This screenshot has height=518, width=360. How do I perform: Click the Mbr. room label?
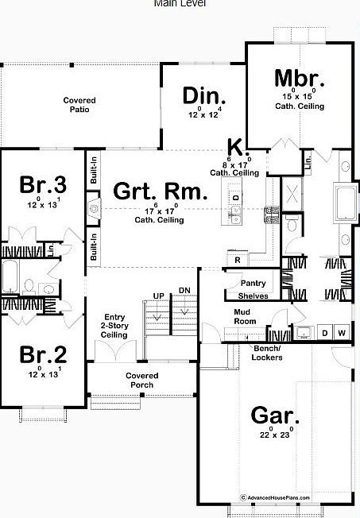300,79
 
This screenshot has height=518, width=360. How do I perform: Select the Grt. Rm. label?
160,191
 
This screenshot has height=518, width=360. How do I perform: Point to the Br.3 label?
43,185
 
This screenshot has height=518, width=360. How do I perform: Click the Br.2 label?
43,354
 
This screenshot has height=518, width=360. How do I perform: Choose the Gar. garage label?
275,415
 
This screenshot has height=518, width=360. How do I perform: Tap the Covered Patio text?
79,105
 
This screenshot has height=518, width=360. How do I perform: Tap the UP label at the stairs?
158,296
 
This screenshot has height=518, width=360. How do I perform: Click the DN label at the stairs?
184,290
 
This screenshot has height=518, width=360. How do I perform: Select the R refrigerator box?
237,260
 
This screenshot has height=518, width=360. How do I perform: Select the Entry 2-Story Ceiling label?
114,326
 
